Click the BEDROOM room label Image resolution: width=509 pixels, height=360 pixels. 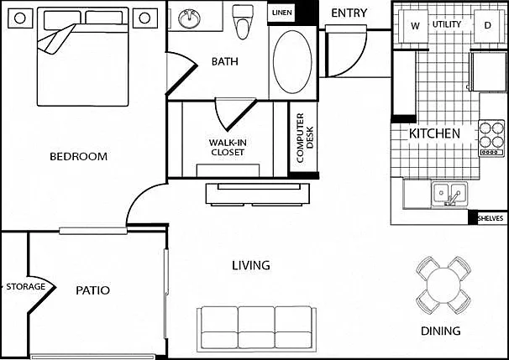(79, 157)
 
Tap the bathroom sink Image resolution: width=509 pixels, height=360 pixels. (189, 18)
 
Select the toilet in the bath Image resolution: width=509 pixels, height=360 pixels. (243, 22)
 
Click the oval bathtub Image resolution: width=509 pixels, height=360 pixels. (292, 61)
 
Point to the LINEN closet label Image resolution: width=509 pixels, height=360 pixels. (281, 13)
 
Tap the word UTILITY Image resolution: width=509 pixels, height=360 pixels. (447, 24)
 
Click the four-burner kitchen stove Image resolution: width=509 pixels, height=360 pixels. (491, 138)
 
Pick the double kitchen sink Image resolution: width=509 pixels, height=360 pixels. (449, 194)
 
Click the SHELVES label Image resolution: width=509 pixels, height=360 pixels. (491, 218)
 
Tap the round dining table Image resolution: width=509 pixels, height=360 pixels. (443, 285)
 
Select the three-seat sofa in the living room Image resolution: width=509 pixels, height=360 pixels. (256, 329)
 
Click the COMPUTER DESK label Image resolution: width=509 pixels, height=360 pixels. (305, 138)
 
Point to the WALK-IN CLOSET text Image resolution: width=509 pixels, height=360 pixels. (228, 147)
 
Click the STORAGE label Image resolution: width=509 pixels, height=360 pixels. (26, 287)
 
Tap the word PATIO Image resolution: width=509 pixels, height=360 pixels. (93, 290)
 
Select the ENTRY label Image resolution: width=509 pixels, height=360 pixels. (349, 13)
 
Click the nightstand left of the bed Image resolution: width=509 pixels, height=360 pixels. (20, 18)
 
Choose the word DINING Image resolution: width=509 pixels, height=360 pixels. (440, 331)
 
